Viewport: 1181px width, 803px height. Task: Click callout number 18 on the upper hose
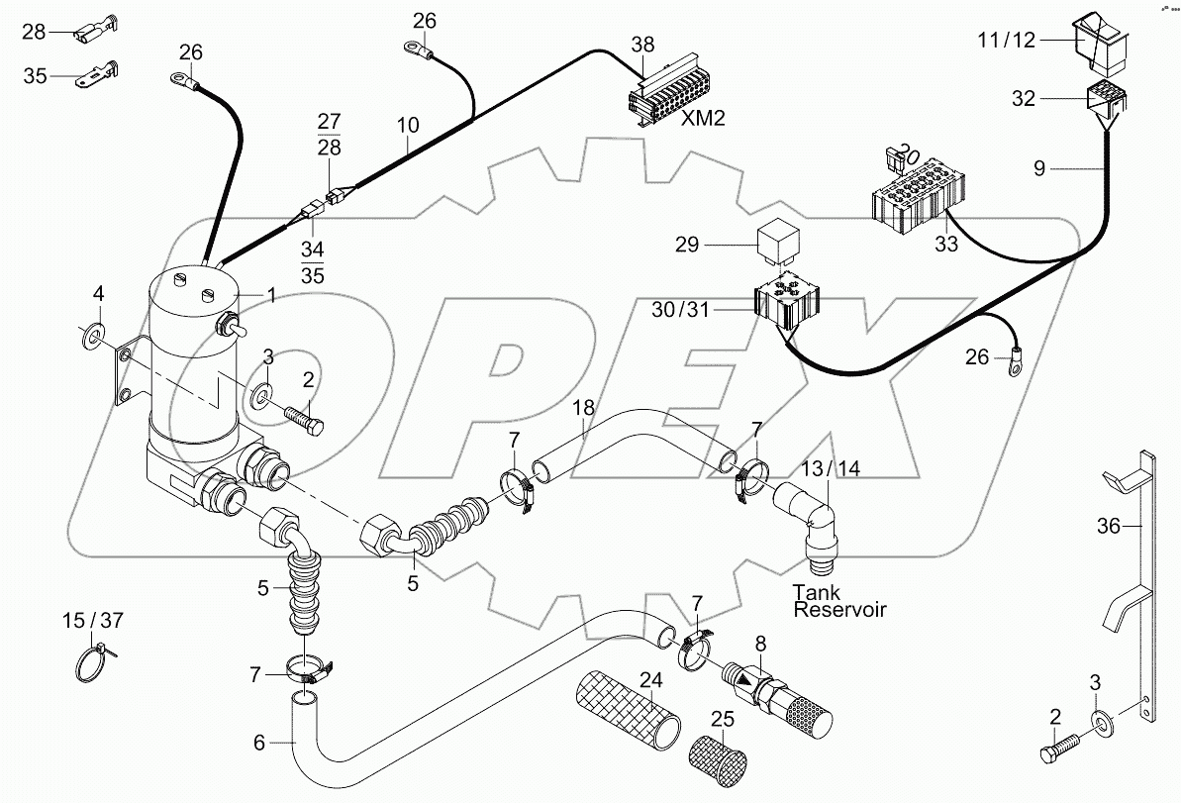pyautogui.click(x=583, y=407)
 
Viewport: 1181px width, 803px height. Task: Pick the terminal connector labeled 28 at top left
pyautogui.click(x=96, y=33)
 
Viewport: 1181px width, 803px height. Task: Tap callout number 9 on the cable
pyautogui.click(x=1038, y=169)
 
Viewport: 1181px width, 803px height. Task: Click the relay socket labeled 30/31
pyautogui.click(x=786, y=305)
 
